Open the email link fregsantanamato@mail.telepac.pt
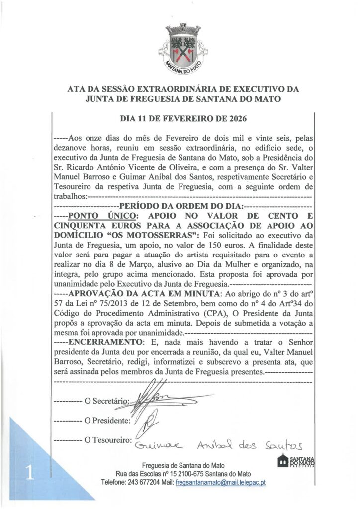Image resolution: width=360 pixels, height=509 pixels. (221, 483)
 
